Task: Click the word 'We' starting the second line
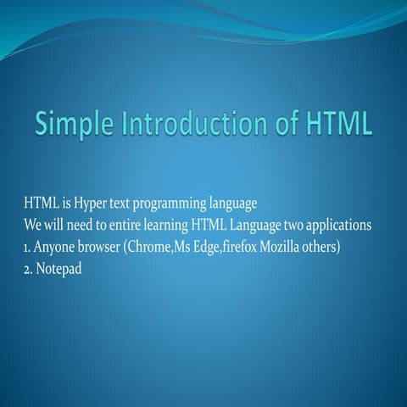(32, 228)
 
